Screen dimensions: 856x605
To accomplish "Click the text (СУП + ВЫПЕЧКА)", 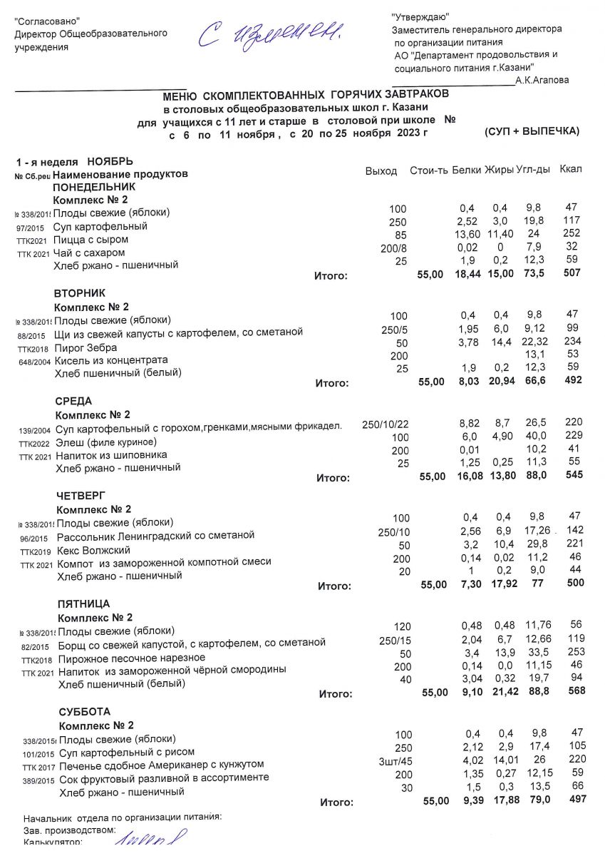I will [532, 132].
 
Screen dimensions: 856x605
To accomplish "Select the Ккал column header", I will [571, 169].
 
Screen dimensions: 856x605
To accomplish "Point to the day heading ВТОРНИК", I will [80, 293].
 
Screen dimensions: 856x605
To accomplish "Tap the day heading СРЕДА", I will [73, 401].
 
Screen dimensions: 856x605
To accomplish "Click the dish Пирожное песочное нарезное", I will [132, 657].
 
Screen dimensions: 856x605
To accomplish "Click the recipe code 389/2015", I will [39, 780].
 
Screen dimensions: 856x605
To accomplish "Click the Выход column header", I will [381, 172].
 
